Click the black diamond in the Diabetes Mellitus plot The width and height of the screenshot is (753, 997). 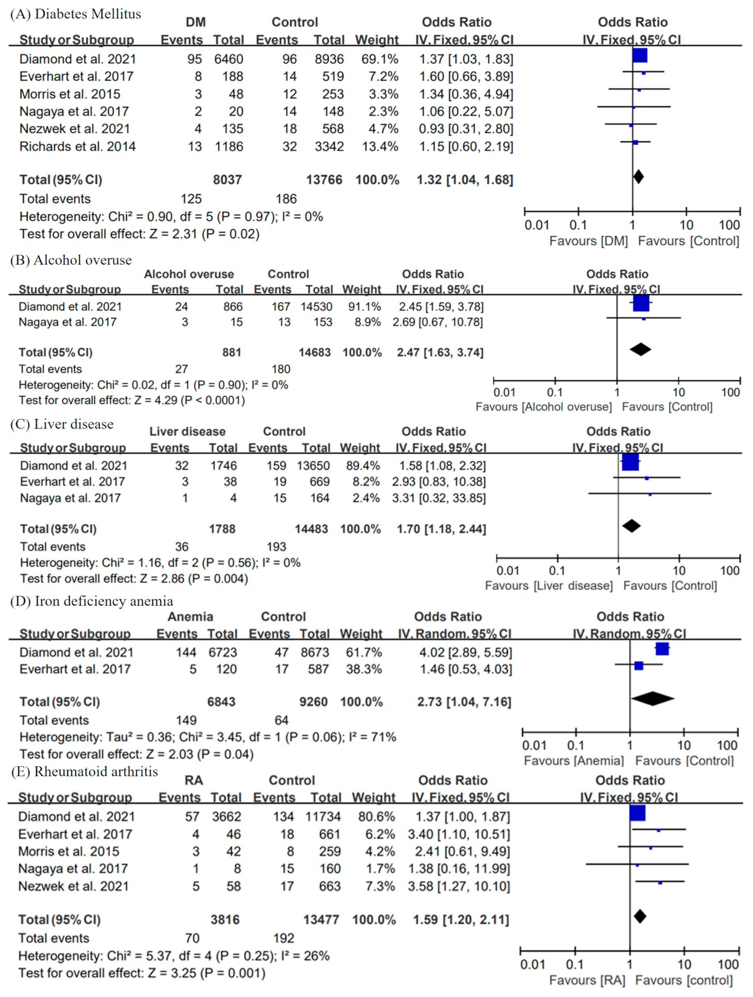click(x=638, y=176)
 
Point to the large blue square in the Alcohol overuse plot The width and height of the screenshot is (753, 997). click(x=641, y=303)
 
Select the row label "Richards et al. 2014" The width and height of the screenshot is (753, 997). click(x=77, y=146)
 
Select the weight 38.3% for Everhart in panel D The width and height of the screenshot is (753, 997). click(x=364, y=669)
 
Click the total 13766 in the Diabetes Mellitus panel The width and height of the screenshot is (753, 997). click(x=324, y=180)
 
